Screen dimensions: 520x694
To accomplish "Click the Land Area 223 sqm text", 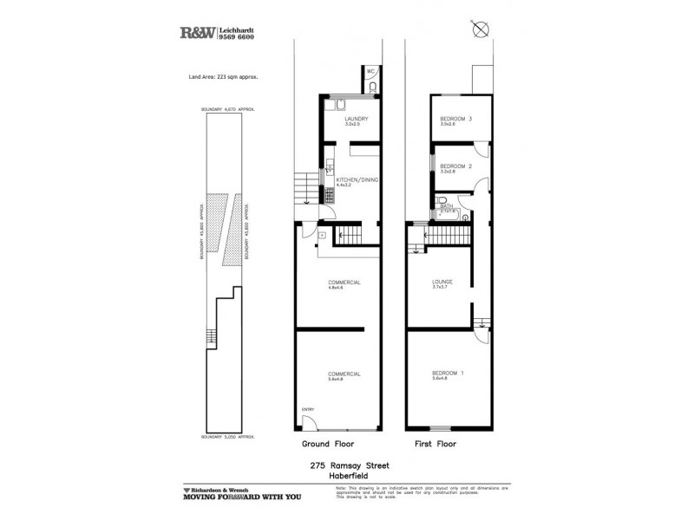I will (225, 77).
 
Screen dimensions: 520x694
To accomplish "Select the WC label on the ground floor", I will (370, 70).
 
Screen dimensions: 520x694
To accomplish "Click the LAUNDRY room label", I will (357, 119).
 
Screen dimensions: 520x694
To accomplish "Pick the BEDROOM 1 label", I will (448, 374).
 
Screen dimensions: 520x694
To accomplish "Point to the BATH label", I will (446, 206).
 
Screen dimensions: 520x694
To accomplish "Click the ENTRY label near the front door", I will (307, 409).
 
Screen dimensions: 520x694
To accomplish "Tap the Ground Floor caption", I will (326, 443).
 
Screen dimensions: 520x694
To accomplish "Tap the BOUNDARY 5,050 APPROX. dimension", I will (230, 437).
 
